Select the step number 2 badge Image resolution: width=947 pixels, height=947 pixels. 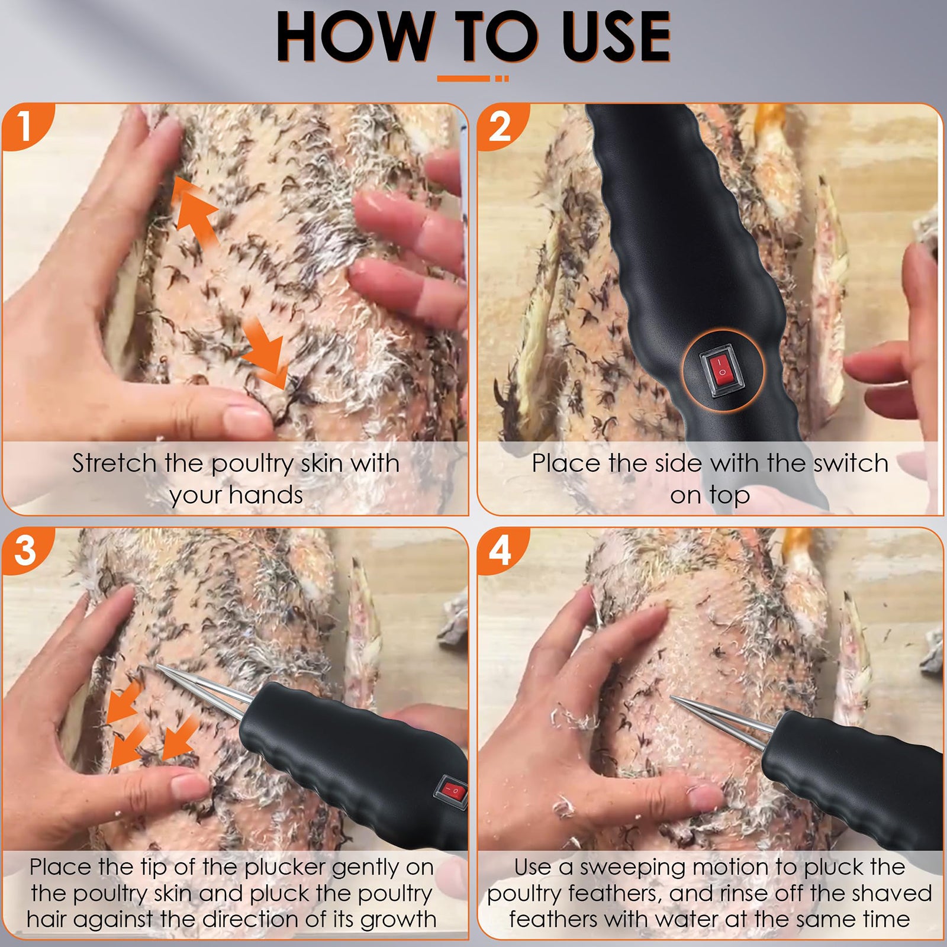coord(500,126)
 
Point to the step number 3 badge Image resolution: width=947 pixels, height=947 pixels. coord(25,550)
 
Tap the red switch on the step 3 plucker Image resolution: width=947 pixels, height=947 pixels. coord(453,790)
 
